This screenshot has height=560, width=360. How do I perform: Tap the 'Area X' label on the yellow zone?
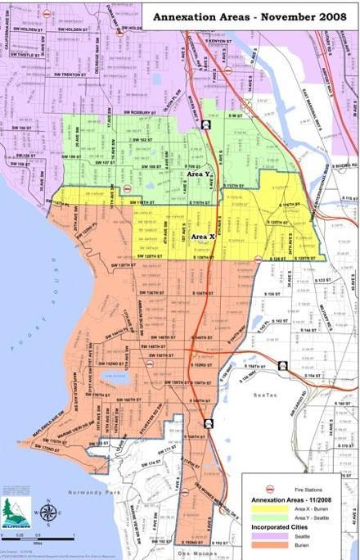(x=202, y=237)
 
